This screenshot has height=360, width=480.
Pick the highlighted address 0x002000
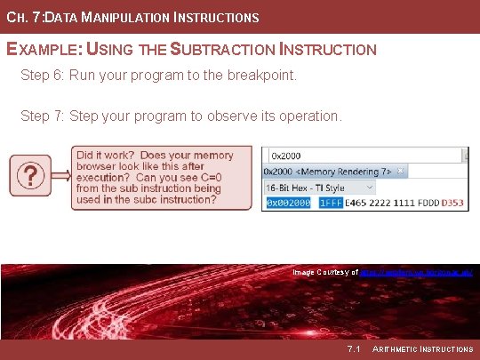pyautogui.click(x=287, y=204)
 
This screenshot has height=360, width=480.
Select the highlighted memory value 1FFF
pyautogui.click(x=331, y=204)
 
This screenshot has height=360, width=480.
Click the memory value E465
pyautogui.click(x=358, y=204)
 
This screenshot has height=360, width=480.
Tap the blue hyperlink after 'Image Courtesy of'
pyautogui.click(x=417, y=272)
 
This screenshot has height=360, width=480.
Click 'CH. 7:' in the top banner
pyautogui.click(x=22, y=17)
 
